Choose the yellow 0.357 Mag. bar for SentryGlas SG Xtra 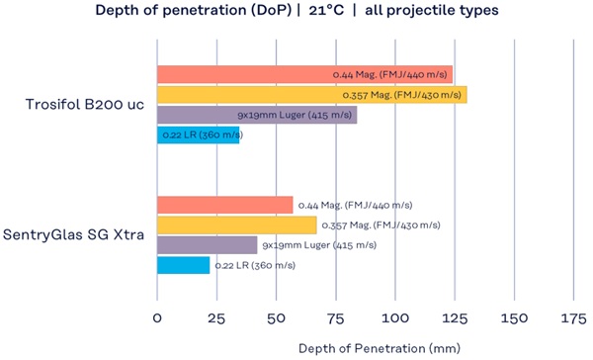coord(237,225)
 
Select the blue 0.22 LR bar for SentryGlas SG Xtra coord(183,265)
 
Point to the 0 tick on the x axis coord(157,318)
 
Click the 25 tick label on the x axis coord(216,318)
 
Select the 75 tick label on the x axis coord(335,318)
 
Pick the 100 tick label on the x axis coord(394,318)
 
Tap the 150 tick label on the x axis coord(514,318)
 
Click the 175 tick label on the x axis coord(573,318)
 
